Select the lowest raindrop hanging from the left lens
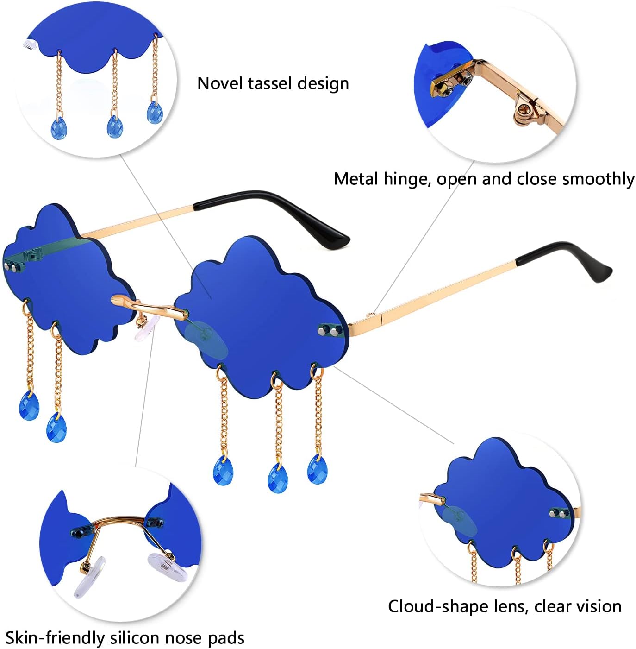56,428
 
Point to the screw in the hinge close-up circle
523,108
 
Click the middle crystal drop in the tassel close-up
115,126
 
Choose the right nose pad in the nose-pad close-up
168,567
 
